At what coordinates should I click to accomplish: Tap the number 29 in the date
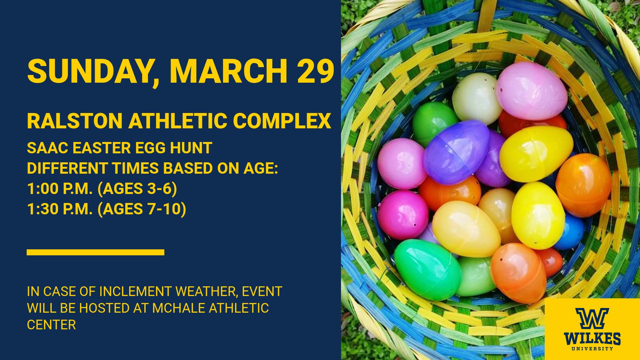[316, 71]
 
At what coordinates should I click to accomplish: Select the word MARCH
[228, 71]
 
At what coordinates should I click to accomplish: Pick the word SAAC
[47, 148]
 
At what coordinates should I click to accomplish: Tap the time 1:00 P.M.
[60, 189]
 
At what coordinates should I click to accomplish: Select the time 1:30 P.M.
[60, 209]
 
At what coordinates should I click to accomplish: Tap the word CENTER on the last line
[51, 325]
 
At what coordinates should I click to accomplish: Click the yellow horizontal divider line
[95, 252]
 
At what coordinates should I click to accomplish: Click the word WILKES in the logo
[592, 339]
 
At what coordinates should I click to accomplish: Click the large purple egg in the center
[457, 152]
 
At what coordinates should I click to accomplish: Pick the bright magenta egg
[403, 215]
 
